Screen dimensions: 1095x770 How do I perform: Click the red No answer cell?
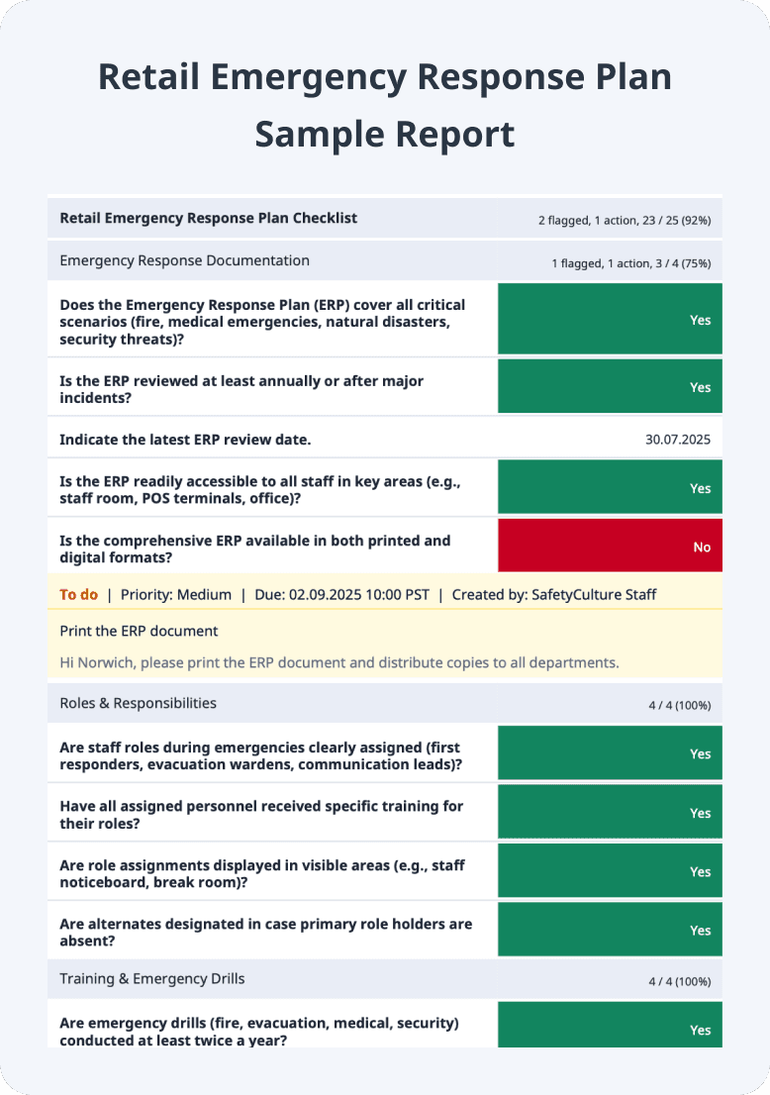pos(610,547)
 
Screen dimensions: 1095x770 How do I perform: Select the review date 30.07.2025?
pos(677,440)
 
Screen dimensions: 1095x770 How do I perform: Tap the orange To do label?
pos(79,595)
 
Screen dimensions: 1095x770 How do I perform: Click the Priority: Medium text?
pos(175,595)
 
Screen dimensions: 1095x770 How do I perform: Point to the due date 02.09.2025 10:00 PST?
pos(342,595)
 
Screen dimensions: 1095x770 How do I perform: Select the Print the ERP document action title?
pos(139,631)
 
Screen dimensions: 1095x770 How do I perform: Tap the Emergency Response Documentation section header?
pos(184,260)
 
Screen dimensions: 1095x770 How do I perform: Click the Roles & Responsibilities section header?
pos(138,703)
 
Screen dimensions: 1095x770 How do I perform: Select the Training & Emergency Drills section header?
pos(151,978)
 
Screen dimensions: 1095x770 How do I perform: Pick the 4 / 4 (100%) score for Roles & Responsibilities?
pos(679,706)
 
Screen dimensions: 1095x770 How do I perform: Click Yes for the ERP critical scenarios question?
pos(610,320)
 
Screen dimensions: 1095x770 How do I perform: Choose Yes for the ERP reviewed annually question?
pos(610,387)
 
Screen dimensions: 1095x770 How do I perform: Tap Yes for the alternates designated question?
pos(610,930)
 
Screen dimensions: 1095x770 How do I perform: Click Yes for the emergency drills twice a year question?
pos(610,1028)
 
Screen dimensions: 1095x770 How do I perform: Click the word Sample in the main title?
pos(320,134)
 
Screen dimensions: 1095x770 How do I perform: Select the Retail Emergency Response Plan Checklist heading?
pos(208,218)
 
